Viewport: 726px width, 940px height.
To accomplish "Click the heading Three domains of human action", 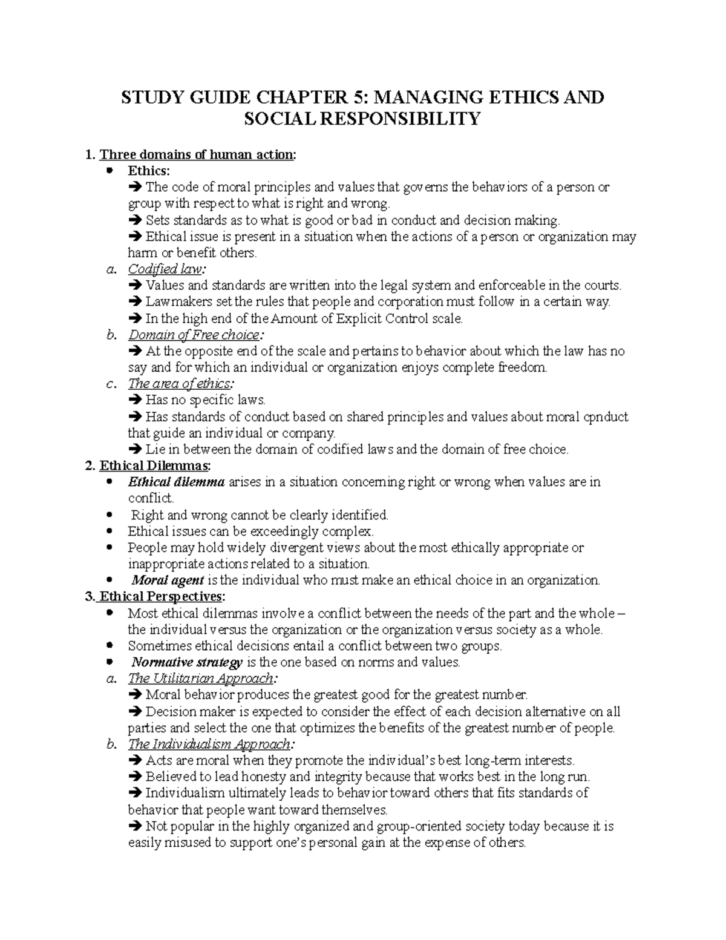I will coord(197,155).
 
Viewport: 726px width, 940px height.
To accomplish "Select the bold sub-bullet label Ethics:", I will coord(149,171).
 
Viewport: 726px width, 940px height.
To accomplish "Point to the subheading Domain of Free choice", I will coord(195,335).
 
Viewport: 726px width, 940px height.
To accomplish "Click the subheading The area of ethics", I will coord(180,384).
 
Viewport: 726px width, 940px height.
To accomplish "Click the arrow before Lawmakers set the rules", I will coord(135,302).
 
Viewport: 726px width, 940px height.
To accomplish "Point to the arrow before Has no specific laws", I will coord(135,400).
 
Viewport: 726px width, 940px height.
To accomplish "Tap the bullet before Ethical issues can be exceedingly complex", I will coord(109,531).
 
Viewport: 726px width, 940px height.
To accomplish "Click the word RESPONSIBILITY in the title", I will coord(362,119).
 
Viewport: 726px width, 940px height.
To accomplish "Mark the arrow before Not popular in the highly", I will coord(135,826).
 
